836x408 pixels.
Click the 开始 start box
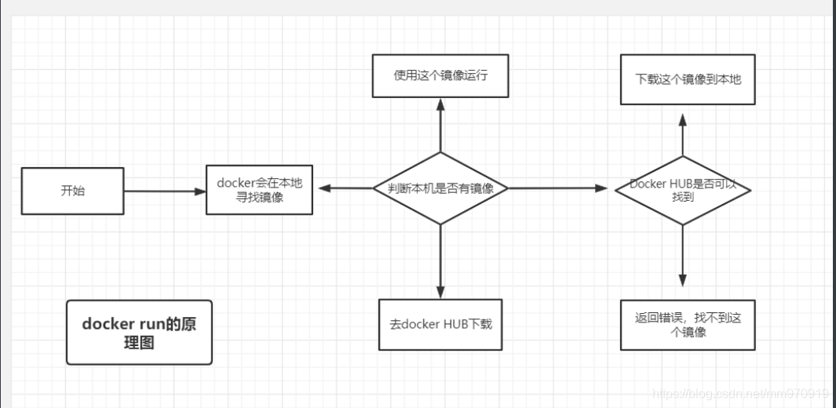(72, 191)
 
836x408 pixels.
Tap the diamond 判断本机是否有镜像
(440, 188)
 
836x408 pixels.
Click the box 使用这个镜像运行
(440, 76)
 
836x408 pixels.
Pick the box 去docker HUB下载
(440, 324)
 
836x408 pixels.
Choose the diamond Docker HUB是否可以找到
(682, 190)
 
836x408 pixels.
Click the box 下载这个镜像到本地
(687, 79)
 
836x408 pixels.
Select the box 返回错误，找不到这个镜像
(687, 325)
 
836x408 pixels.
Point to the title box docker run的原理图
(139, 333)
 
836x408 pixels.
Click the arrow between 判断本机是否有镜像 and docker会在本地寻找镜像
(345, 188)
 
